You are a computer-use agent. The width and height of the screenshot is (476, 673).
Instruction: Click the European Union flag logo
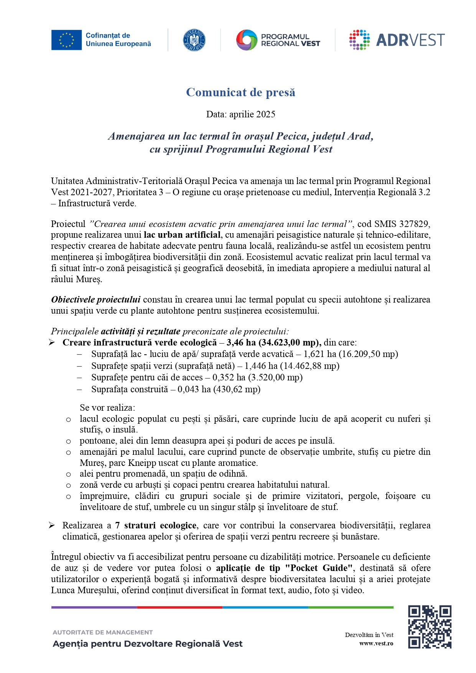point(66,40)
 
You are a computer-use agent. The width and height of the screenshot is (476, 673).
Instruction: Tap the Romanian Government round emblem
point(194,40)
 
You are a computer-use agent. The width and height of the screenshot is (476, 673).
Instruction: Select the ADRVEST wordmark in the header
point(410,40)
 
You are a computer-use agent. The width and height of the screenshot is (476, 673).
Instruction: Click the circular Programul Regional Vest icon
point(246,40)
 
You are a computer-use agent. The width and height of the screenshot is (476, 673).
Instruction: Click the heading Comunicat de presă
point(240,92)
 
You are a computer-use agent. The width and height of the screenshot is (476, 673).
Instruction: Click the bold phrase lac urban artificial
point(182,235)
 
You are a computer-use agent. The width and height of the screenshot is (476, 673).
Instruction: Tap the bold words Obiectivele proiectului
point(96,299)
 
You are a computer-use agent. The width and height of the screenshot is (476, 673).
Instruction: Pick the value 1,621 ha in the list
point(320,354)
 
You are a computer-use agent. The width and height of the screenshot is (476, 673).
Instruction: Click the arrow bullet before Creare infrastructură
point(52,342)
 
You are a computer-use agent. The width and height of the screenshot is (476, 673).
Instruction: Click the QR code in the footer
point(429,627)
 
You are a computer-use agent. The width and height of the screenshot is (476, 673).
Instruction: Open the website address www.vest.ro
point(376,643)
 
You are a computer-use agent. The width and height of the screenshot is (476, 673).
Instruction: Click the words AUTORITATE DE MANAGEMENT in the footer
point(102,632)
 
